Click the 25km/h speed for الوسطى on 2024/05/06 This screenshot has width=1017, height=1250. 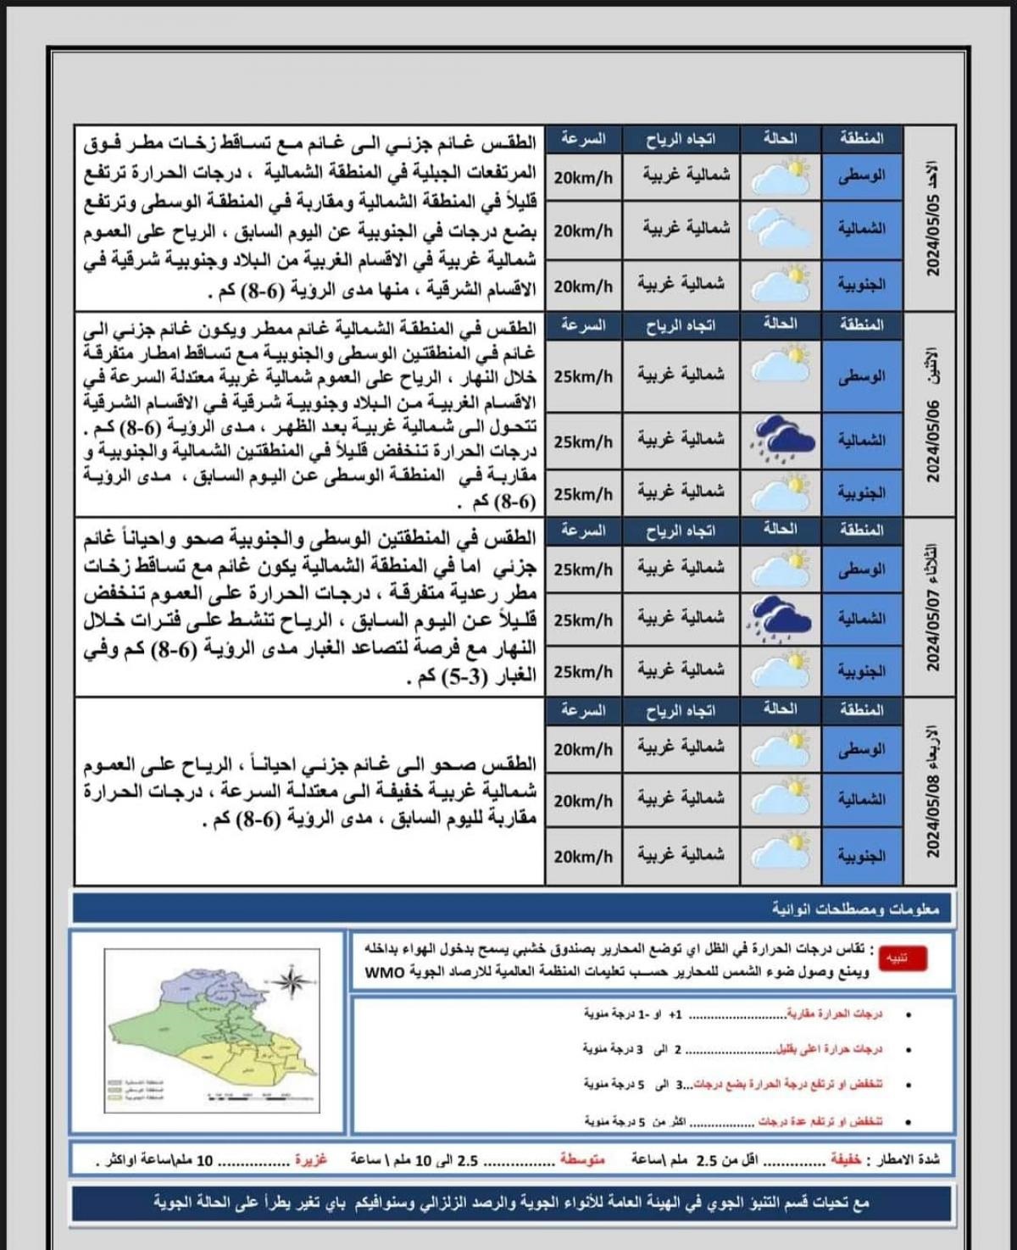click(x=583, y=376)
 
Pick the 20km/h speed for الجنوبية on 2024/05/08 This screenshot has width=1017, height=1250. click(x=583, y=856)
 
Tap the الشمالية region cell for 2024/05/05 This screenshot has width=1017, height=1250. click(x=861, y=229)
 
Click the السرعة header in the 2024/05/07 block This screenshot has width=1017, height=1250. click(x=583, y=531)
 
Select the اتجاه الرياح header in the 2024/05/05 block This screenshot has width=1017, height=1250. click(x=681, y=139)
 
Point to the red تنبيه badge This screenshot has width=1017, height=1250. click(x=903, y=958)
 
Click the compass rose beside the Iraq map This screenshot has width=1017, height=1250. click(x=292, y=982)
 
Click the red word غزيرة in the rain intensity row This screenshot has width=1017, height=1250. click(x=311, y=1158)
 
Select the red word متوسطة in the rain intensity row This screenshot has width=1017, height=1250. click(x=582, y=1158)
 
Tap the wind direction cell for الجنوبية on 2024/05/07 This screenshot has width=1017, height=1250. click(x=681, y=669)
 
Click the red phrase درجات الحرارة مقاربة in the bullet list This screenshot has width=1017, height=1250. click(x=835, y=1014)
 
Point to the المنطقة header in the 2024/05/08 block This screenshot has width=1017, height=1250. click(x=861, y=710)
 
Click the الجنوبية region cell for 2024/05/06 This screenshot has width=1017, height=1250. click(x=861, y=492)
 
